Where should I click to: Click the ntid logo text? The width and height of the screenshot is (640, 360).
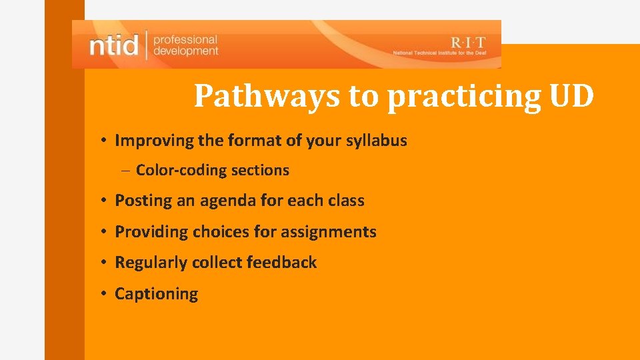pos(113,45)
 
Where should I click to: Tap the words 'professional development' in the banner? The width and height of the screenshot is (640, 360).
pos(185,45)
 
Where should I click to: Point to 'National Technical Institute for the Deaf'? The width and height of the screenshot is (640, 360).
pos(442,53)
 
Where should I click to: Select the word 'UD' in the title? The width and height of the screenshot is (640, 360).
pos(571,97)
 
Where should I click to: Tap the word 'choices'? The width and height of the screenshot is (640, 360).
pos(221,232)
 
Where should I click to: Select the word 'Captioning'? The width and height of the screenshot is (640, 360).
pos(157,294)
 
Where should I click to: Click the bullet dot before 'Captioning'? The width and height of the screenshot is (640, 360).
pos(105,293)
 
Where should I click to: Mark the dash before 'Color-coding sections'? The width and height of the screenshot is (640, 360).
pos(126,171)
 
